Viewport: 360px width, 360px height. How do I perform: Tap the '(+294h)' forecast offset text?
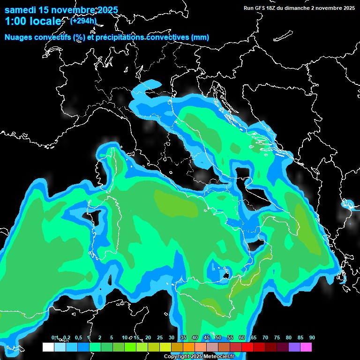click(x=83, y=21)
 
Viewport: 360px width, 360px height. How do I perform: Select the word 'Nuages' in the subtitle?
click(x=19, y=37)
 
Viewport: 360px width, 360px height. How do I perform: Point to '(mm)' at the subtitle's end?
click(x=200, y=37)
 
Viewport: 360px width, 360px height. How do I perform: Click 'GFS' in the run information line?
click(x=265, y=8)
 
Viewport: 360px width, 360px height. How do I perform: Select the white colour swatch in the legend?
click(x=48, y=347)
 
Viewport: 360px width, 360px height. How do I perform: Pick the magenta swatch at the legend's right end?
click(x=306, y=347)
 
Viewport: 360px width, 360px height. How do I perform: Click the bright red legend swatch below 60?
click(x=247, y=347)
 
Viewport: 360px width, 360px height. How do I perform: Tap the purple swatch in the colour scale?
click(x=294, y=347)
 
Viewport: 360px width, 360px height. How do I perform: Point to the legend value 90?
click(x=312, y=337)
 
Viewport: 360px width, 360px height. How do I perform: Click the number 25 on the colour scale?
click(x=159, y=337)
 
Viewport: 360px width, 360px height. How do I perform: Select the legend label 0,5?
click(x=78, y=337)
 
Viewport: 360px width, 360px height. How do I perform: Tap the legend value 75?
click(x=277, y=337)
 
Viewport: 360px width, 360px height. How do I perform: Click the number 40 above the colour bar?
click(x=195, y=337)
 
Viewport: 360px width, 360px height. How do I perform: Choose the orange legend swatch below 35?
click(x=188, y=347)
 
